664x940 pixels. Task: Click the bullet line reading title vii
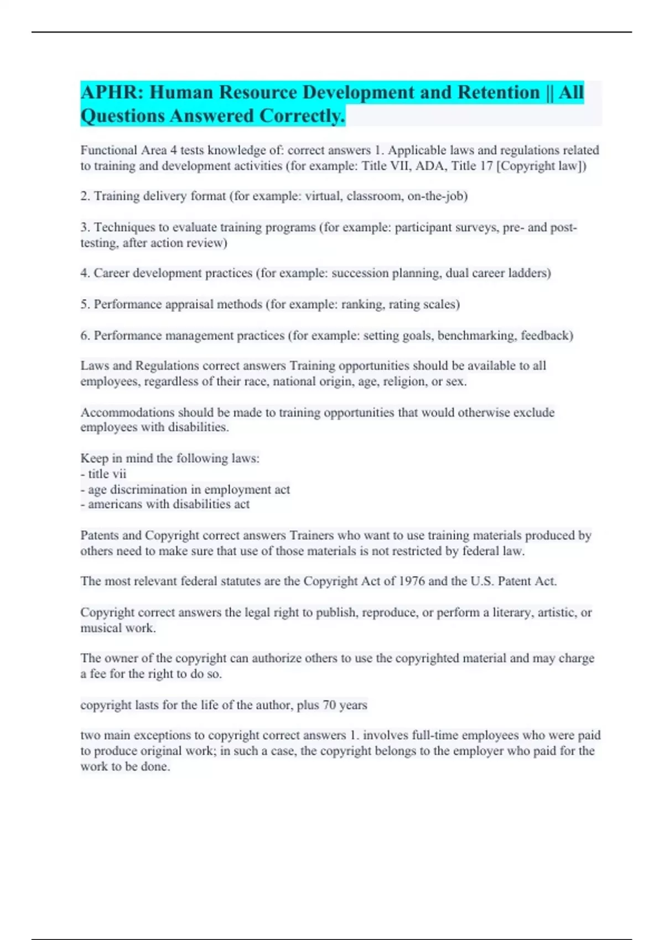pyautogui.click(x=103, y=474)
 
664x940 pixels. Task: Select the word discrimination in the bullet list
pyautogui.click(x=149, y=489)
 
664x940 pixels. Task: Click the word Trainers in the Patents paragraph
pyautogui.click(x=312, y=535)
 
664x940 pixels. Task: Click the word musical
pyautogui.click(x=98, y=628)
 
